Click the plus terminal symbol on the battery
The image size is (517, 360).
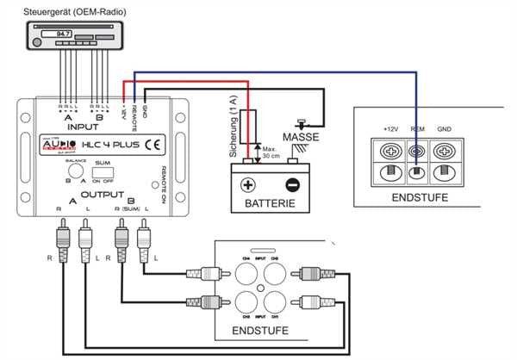248,184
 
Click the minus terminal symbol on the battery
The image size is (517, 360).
290,184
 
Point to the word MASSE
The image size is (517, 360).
301,136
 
